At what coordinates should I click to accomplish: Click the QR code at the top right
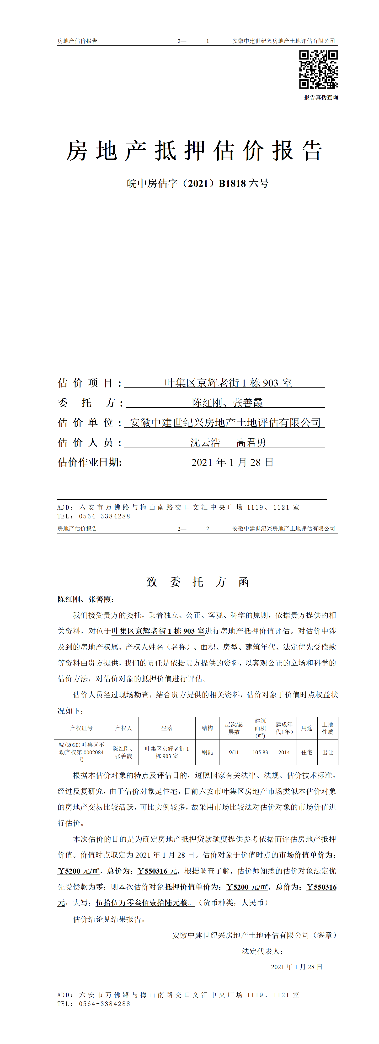coord(318,69)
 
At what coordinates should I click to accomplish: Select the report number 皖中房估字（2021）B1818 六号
coord(198,184)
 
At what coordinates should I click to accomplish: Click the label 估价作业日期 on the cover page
coord(90,462)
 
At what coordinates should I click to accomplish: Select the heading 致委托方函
coord(198,582)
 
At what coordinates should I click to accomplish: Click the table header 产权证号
coord(81,728)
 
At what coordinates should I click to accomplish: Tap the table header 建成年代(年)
coord(284,728)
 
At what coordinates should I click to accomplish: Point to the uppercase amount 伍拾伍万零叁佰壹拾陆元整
coord(144,903)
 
